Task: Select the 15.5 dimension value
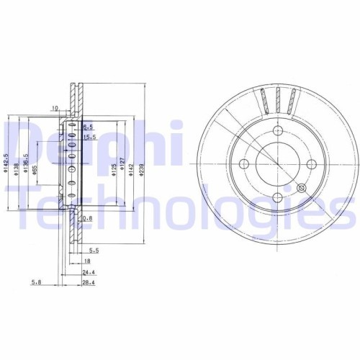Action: click(89, 137)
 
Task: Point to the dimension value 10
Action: click(54, 109)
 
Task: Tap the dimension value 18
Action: click(86, 261)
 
